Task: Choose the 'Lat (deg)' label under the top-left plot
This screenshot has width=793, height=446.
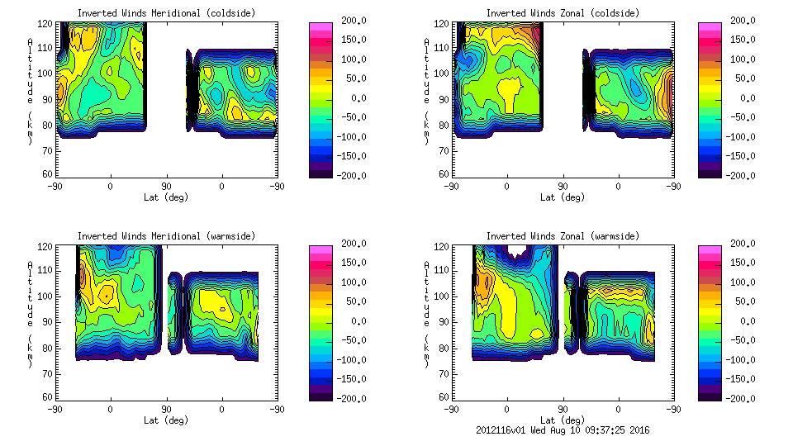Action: (x=166, y=197)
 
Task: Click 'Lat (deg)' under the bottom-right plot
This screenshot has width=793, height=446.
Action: (x=563, y=420)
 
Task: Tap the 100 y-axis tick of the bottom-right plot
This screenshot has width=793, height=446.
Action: (x=443, y=297)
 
